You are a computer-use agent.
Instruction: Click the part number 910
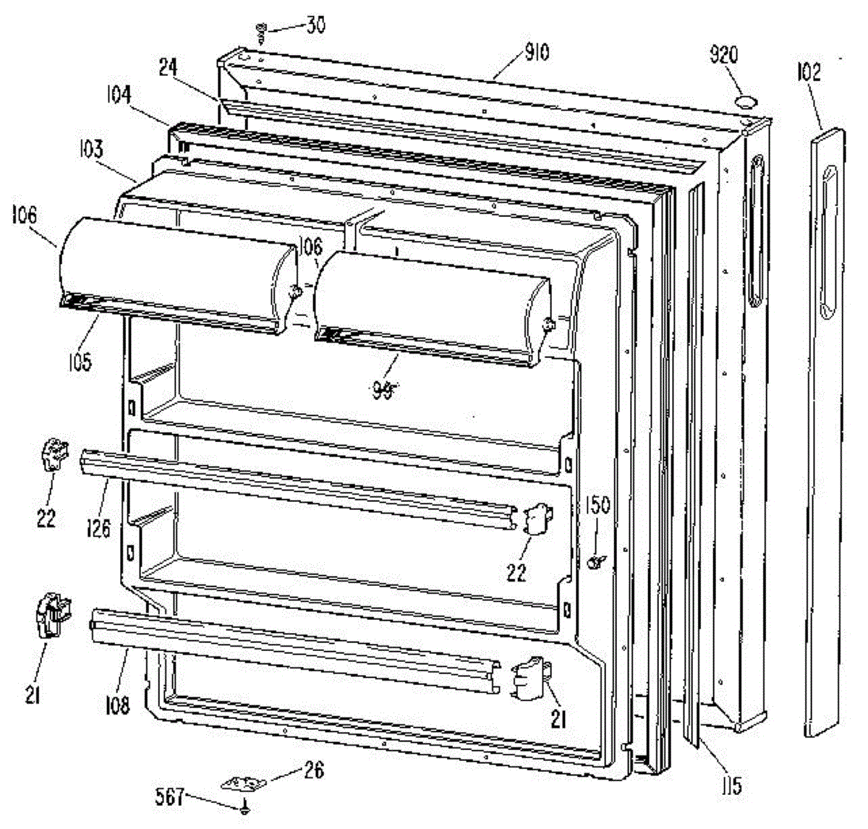tap(538, 52)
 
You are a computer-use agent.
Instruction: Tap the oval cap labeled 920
tap(744, 99)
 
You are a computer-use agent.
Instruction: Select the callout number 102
tap(809, 72)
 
